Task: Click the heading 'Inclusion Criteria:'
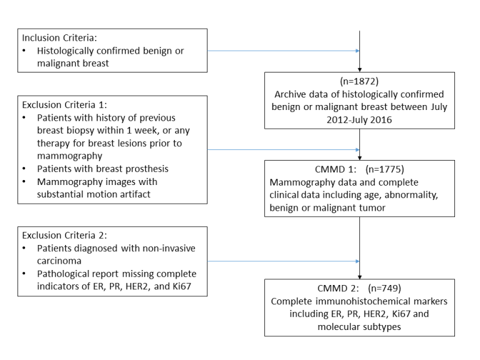pyautogui.click(x=59, y=37)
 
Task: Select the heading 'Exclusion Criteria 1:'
pyautogui.click(x=64, y=105)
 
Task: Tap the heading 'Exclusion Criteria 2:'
pyautogui.click(x=64, y=235)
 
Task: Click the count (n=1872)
pyautogui.click(x=359, y=81)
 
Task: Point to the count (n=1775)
pyautogui.click(x=385, y=169)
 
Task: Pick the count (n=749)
pyautogui.click(x=385, y=288)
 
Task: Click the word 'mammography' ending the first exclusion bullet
pyautogui.click(x=69, y=156)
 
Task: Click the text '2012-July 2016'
pyautogui.click(x=359, y=120)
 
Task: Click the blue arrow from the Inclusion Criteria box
pyautogui.click(x=284, y=51)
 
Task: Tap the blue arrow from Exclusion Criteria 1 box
pyautogui.click(x=284, y=150)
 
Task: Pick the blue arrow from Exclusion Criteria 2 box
pyautogui.click(x=284, y=261)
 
